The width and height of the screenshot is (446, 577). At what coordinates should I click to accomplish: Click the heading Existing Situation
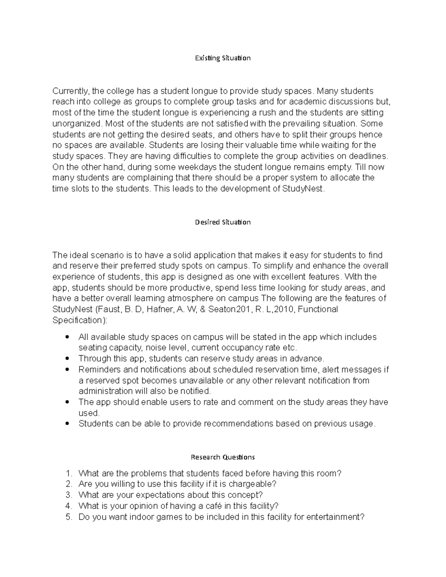click(223, 58)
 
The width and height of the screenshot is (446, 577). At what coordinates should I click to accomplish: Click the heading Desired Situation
click(223, 222)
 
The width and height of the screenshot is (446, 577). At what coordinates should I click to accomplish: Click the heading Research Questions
click(223, 457)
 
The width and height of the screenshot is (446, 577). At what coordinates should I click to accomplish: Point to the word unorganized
click(76, 123)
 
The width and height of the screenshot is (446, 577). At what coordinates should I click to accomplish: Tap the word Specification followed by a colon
click(77, 320)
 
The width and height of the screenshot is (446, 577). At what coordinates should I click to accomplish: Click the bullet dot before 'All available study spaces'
click(67, 337)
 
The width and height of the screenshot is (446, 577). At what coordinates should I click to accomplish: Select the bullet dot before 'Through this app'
click(67, 359)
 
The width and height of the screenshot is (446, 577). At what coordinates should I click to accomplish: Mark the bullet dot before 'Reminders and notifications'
click(67, 370)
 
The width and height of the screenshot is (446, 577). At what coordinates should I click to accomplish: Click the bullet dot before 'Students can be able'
click(67, 424)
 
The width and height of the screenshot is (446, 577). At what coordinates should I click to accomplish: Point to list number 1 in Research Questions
click(68, 473)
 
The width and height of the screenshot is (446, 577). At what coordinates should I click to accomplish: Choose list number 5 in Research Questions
click(68, 517)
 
